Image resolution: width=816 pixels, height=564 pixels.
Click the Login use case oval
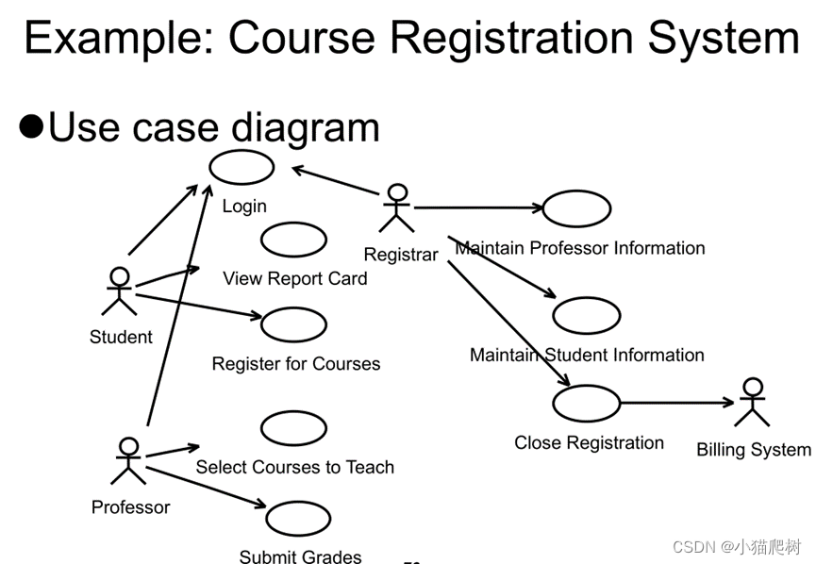241,167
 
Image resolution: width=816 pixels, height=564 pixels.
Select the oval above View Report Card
293,241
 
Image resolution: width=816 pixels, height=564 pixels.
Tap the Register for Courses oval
293,324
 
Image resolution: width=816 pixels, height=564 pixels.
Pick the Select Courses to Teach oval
293,429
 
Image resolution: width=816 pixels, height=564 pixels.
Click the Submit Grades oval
298,519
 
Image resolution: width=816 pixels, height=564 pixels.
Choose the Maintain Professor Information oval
576,209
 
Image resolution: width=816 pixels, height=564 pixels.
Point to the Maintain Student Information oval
586,316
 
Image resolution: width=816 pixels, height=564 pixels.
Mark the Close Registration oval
586,403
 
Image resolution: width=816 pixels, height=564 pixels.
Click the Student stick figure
119,291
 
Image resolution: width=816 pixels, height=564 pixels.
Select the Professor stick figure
128,460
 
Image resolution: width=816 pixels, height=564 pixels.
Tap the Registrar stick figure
397,208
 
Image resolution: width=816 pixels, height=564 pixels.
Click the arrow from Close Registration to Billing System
677,403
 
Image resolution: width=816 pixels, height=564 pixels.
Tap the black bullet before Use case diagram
32,126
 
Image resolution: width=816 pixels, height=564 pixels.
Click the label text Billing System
753,450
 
